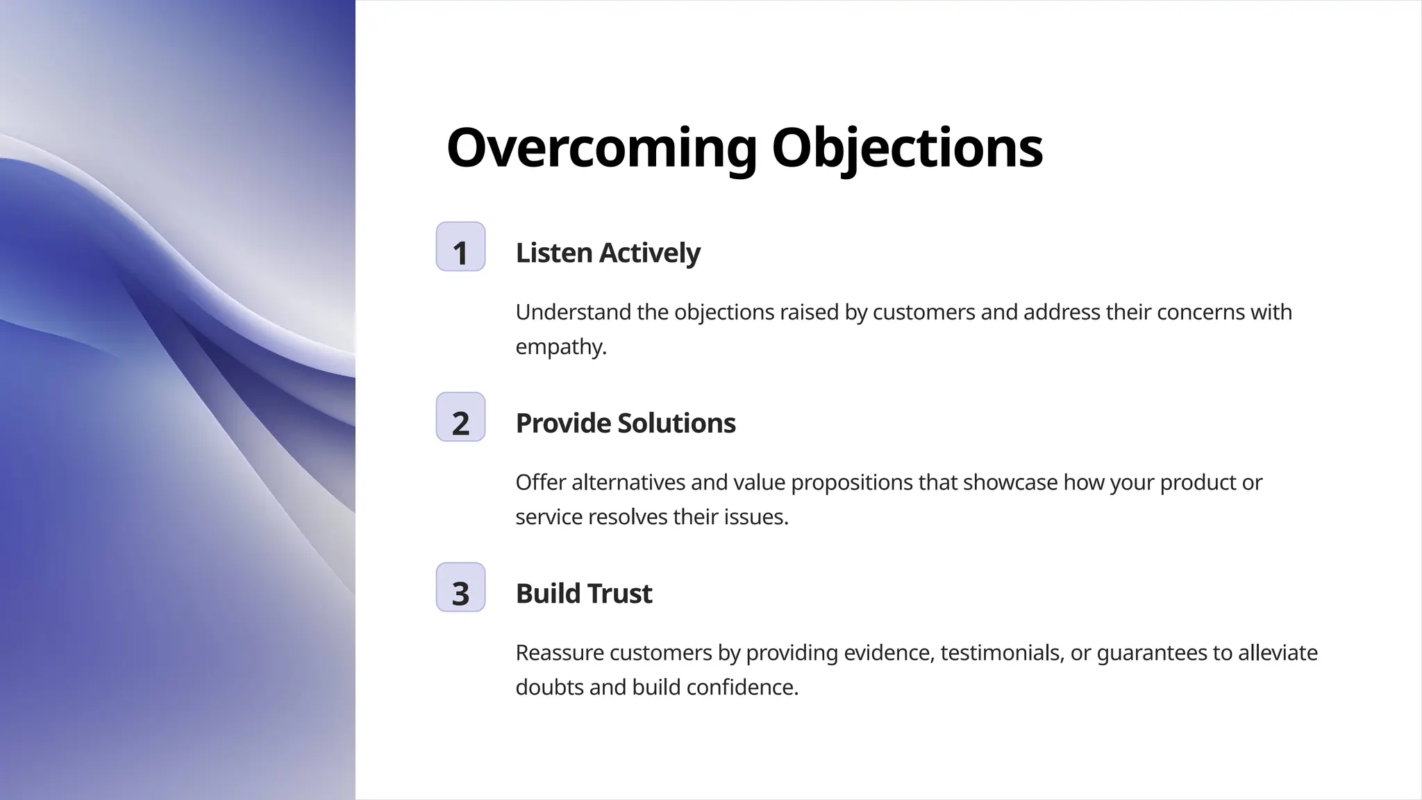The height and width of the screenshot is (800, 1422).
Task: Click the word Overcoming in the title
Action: [x=601, y=148]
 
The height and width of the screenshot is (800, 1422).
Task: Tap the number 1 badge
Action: [x=460, y=247]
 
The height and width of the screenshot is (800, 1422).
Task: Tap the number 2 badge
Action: [x=460, y=417]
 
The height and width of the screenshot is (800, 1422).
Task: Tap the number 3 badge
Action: [x=460, y=587]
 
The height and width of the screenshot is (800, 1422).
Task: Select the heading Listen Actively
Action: [x=608, y=253]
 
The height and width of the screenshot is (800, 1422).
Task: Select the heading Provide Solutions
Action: [x=625, y=423]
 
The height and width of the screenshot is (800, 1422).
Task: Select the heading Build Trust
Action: [x=583, y=594]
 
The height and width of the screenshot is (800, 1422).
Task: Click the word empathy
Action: [x=560, y=347]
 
